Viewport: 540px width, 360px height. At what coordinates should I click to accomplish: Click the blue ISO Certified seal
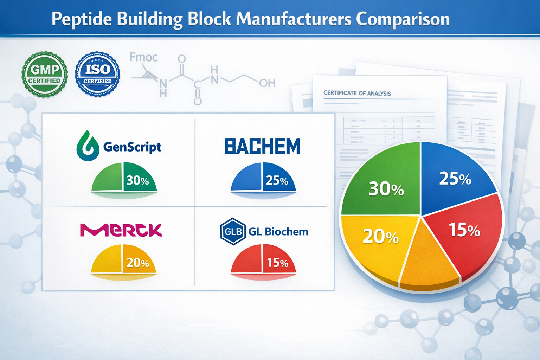[x=97, y=74]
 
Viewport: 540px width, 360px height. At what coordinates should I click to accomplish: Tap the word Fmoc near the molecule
[x=143, y=57]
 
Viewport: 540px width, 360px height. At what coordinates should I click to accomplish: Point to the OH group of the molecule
[x=267, y=83]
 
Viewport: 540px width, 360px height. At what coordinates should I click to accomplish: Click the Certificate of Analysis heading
[x=357, y=93]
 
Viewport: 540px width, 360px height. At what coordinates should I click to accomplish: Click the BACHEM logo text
[x=262, y=146]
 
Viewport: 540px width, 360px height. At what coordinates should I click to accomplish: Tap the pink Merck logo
[x=121, y=230]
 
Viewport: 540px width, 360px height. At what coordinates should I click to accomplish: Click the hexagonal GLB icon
[x=232, y=231]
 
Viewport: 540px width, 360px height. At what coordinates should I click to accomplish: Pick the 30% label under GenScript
[x=138, y=180]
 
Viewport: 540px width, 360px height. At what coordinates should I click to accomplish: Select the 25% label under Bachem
[x=277, y=180]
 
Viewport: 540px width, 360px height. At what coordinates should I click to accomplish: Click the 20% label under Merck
[x=137, y=263]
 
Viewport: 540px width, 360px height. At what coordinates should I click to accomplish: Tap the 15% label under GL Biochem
[x=277, y=263]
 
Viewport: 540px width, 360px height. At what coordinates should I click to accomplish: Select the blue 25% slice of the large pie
[x=454, y=176]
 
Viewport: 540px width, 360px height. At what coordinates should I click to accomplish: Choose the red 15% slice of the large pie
[x=464, y=232]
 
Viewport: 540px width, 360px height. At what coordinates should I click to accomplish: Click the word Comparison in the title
[x=403, y=19]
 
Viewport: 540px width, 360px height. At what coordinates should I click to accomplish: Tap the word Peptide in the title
[x=82, y=19]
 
